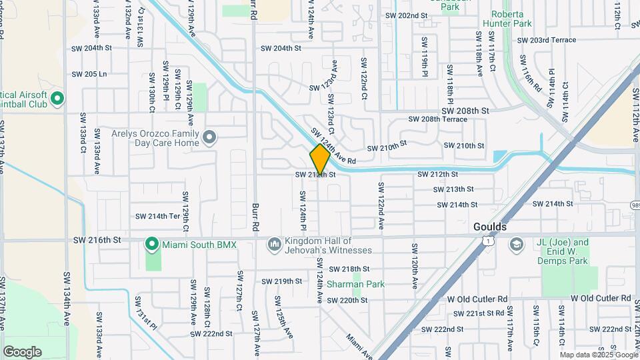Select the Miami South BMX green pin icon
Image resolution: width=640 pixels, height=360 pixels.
coord(153,245)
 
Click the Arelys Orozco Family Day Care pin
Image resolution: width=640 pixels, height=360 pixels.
coord(211,138)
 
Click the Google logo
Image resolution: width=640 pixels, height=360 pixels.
coord(23,351)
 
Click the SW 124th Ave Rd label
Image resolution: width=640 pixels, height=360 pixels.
coord(333,147)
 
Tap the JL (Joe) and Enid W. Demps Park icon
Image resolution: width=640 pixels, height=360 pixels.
coord(517,245)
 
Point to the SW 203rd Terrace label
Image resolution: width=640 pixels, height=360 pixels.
coord(553,40)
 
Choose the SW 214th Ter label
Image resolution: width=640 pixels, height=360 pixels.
coord(158,216)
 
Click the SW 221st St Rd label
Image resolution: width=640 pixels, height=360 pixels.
coord(479,313)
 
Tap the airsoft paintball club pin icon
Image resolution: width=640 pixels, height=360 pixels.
coord(57,99)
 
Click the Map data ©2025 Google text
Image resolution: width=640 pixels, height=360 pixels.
coord(598,355)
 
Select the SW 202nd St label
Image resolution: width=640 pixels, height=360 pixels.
coord(406,15)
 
